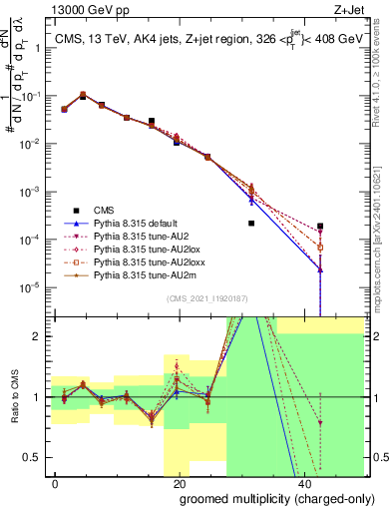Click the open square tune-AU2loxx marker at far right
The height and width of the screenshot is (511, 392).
point(320,247)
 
